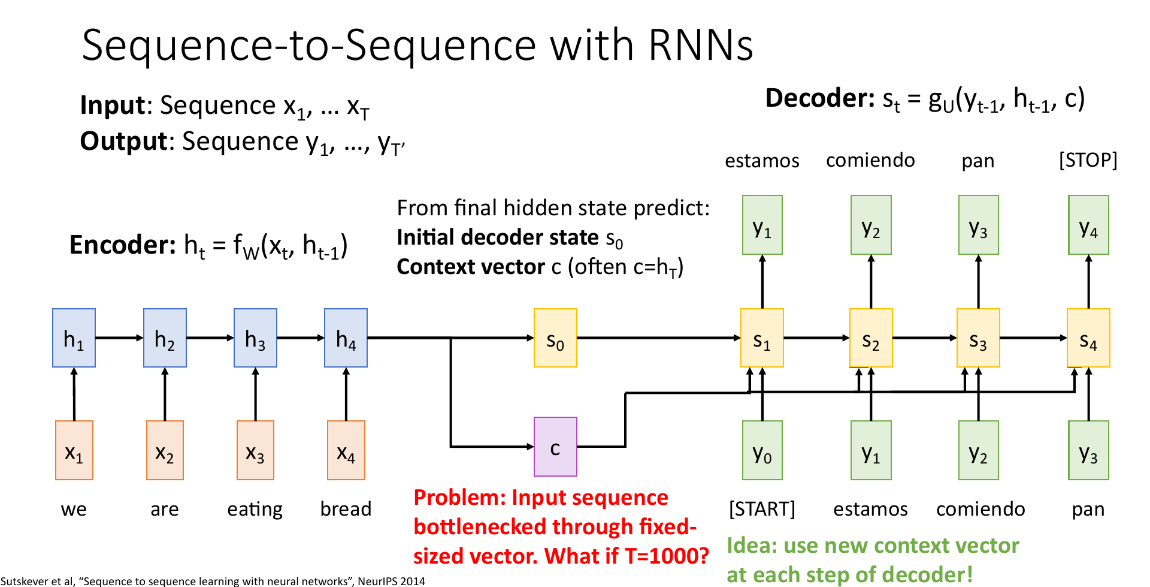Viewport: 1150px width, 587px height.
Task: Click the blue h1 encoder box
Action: [74, 338]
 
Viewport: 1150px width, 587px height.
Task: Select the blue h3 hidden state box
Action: [255, 338]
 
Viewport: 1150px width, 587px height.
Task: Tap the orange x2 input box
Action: [165, 450]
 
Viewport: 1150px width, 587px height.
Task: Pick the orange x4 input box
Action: [346, 450]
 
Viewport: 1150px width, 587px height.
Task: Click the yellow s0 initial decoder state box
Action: [555, 338]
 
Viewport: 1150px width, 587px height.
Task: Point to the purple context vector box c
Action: [555, 447]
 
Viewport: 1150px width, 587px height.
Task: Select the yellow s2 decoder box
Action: [871, 338]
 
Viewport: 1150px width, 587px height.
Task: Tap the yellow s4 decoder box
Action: [1088, 338]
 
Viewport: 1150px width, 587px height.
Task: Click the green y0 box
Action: [762, 450]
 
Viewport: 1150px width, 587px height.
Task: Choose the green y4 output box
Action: [1088, 225]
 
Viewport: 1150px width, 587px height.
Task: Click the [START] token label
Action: [762, 509]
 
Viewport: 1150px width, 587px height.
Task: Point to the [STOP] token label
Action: [1088, 160]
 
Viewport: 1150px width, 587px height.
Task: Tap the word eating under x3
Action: [255, 510]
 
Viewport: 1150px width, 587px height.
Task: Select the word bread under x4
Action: [346, 509]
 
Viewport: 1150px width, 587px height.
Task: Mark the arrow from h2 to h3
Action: [210, 338]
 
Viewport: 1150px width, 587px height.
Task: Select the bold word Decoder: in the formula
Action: [820, 98]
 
